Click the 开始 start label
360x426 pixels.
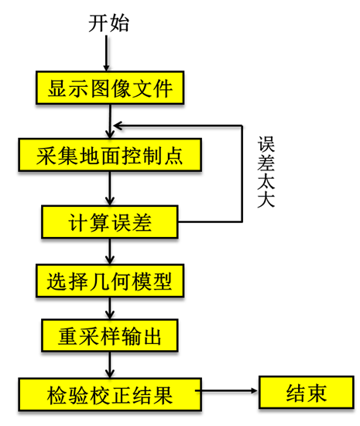coord(108,23)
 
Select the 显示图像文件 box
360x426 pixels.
coord(110,88)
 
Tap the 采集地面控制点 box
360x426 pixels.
coord(110,155)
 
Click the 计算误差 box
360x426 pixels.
coord(110,222)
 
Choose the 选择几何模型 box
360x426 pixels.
coord(110,280)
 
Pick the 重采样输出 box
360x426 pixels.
coord(110,335)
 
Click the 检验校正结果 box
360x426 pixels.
coord(110,394)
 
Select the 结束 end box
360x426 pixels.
coord(307,393)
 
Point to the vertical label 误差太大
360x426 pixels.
coord(266,172)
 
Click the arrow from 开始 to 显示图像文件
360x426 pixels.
coord(106,53)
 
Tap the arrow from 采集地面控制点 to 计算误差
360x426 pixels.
coord(110,188)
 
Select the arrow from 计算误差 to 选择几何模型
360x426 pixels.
coord(110,251)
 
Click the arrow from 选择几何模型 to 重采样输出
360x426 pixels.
coord(110,308)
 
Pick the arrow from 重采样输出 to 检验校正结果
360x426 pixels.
coord(110,365)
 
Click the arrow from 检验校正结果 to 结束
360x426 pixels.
coord(226,391)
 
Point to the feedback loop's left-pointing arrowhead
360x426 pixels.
coord(117,125)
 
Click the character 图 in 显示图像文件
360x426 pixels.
coord(100,88)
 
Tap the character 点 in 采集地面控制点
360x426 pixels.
coord(173,156)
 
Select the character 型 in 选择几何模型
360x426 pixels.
coord(163,281)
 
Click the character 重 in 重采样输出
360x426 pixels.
coord(67,336)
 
